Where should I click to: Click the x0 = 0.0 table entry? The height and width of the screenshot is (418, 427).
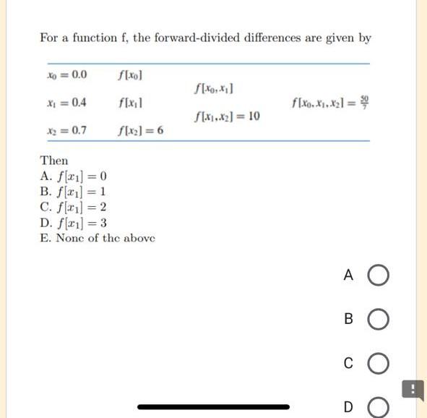tap(66, 74)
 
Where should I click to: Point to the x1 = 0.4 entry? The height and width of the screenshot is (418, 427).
tap(66, 102)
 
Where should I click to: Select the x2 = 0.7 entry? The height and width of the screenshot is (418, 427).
tap(66, 130)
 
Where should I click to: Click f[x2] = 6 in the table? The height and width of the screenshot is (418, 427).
tap(140, 131)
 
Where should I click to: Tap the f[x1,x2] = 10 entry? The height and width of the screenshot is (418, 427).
tap(228, 116)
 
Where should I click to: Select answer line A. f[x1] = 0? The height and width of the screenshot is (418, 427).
tap(74, 176)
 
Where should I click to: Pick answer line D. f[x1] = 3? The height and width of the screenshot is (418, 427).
tap(74, 223)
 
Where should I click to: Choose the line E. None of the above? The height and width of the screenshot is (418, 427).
tap(98, 238)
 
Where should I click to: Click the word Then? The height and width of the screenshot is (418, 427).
tap(54, 161)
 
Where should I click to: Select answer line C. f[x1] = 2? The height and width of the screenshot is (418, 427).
tap(74, 208)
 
